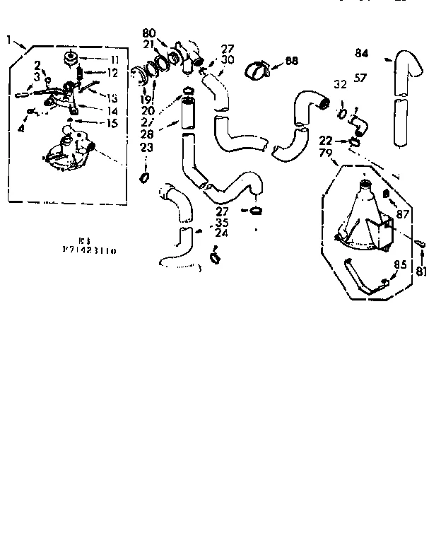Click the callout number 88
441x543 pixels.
tap(290, 62)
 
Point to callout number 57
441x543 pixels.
tap(361, 78)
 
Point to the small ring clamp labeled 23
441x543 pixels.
tap(145, 177)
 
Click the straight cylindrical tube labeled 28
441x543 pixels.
tap(187, 114)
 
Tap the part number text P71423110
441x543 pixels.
tap(88, 250)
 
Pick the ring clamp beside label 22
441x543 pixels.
tap(354, 144)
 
